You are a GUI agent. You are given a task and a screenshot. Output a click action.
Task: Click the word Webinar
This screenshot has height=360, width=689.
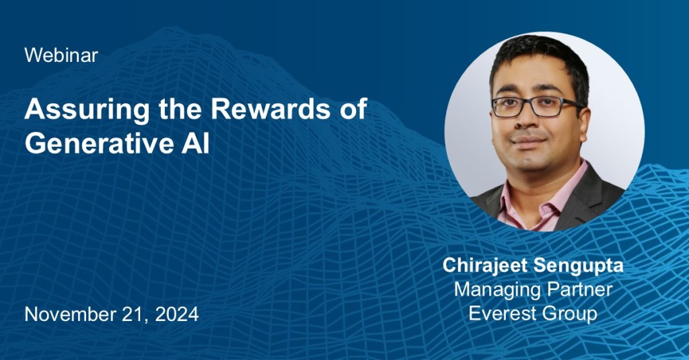[61, 55]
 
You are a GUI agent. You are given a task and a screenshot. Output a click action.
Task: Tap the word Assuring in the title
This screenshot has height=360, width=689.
[87, 110]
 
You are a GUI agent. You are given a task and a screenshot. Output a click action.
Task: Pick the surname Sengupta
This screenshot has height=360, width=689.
[578, 266]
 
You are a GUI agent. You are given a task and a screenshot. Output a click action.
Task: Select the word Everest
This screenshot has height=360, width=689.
[503, 314]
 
